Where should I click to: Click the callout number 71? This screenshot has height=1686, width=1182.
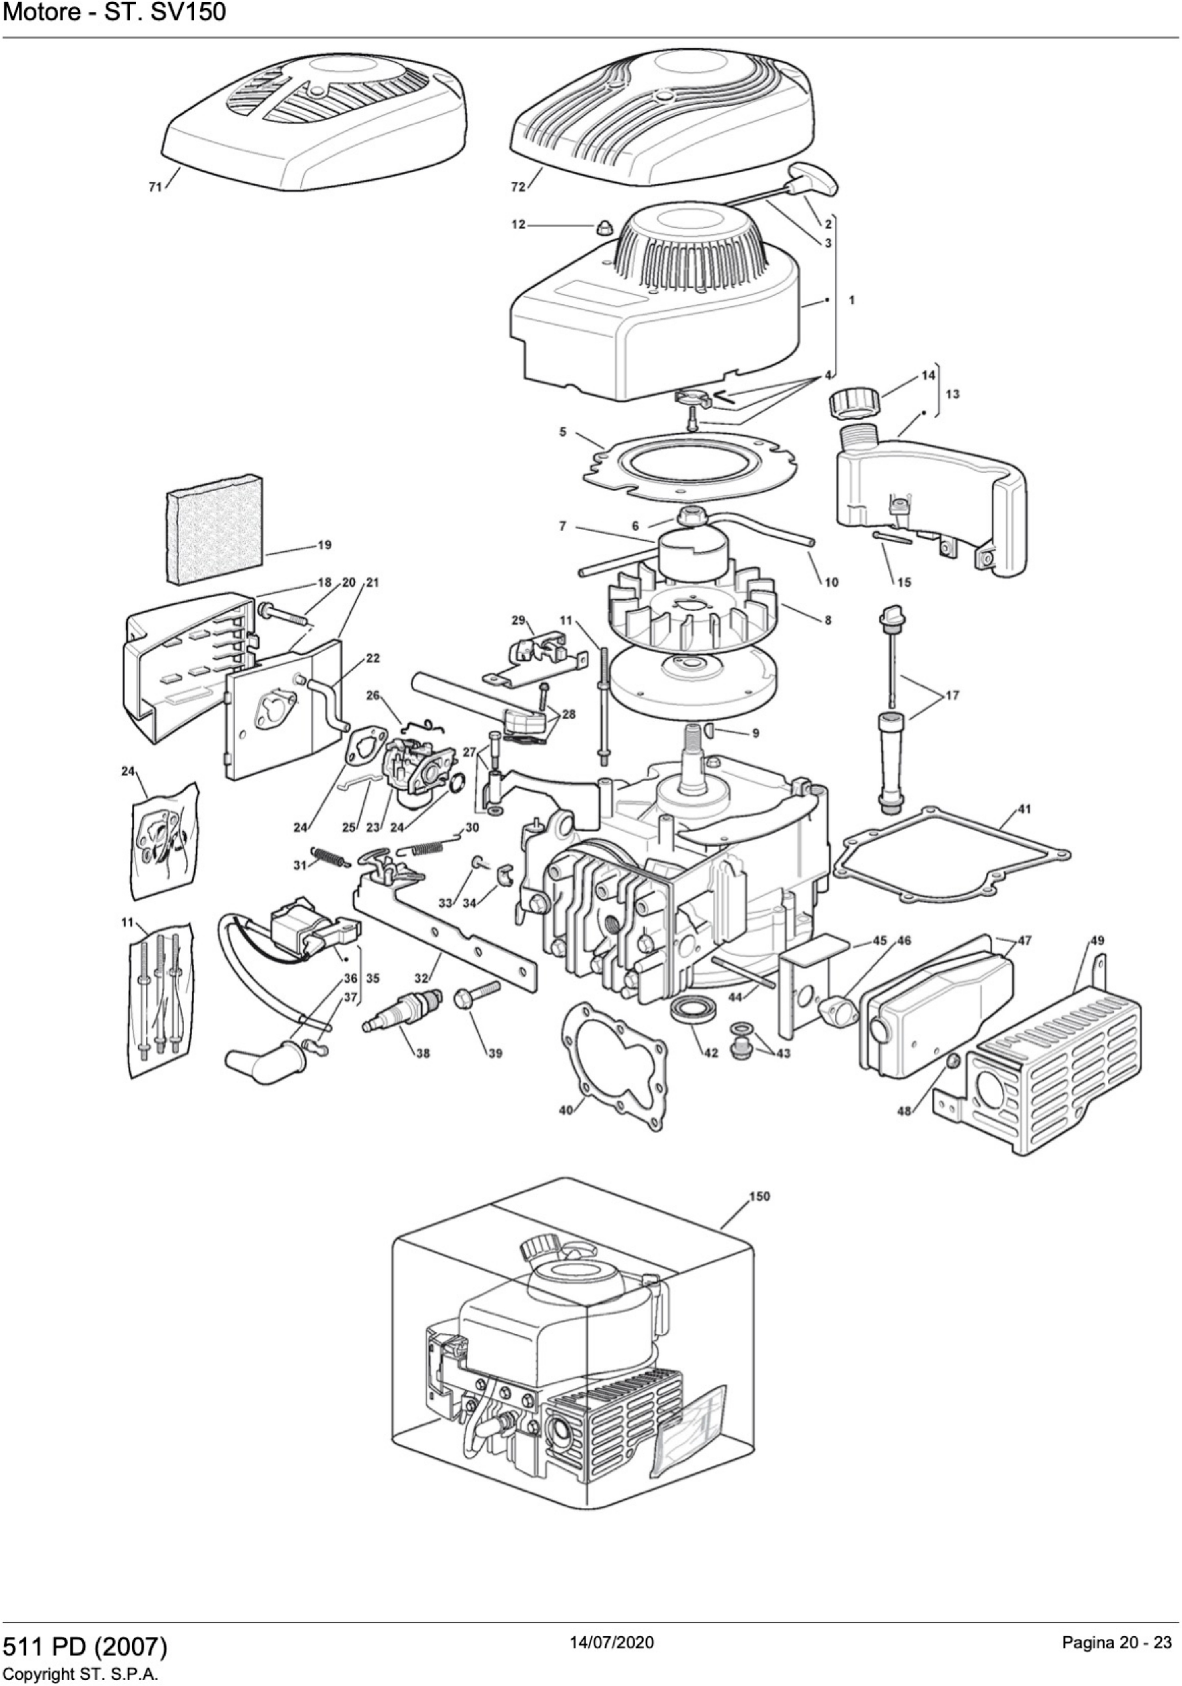[155, 187]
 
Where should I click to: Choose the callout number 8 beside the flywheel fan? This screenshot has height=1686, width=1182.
[828, 621]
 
